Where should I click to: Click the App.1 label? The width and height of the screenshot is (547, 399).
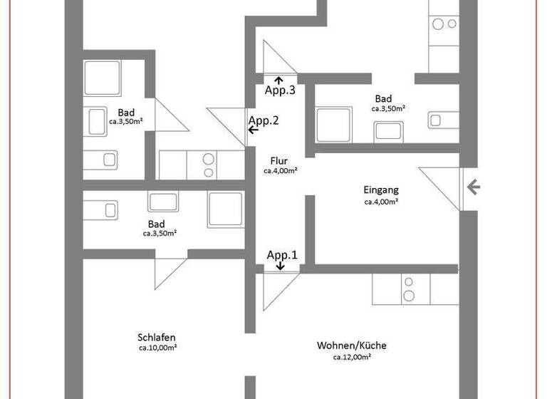(281, 254)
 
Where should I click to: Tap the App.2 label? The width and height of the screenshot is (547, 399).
(263, 120)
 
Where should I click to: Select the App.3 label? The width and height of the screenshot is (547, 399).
(280, 90)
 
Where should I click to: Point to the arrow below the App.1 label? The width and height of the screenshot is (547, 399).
(280, 266)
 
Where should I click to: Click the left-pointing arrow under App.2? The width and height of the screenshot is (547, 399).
(254, 131)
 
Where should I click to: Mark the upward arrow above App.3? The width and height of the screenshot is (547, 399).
(277, 79)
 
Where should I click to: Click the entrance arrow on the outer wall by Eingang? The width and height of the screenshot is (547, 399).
(473, 187)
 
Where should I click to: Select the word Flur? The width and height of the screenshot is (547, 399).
(279, 160)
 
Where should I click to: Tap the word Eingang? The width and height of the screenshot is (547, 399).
(380, 190)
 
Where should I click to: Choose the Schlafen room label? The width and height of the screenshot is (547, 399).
(157, 337)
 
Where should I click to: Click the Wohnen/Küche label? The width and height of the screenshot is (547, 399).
(351, 346)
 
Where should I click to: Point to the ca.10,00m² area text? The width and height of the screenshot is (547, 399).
(157, 348)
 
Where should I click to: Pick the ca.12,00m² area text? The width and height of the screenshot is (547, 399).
(352, 356)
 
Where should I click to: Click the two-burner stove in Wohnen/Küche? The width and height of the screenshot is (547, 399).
(409, 289)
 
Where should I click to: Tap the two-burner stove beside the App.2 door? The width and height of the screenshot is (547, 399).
(209, 165)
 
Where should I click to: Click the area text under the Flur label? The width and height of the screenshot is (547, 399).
(280, 171)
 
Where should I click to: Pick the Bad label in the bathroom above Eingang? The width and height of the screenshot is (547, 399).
(382, 98)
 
